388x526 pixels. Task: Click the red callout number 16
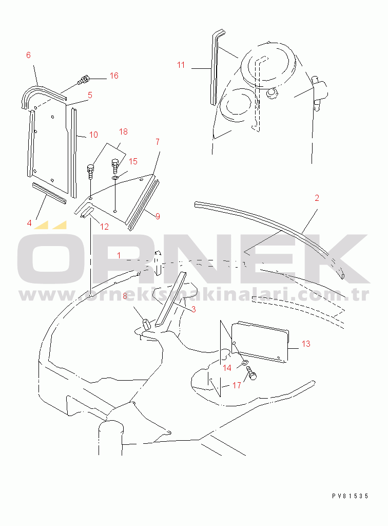(114, 76)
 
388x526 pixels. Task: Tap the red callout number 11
(181, 65)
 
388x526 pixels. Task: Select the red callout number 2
(317, 198)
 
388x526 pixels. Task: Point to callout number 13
(306, 344)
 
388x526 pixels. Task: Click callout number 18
(123, 131)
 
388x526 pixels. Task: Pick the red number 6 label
(28, 55)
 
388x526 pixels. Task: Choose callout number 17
(237, 385)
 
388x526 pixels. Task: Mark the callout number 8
(125, 296)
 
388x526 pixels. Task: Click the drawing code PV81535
(350, 496)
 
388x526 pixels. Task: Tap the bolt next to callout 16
(83, 80)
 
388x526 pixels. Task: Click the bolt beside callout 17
(251, 373)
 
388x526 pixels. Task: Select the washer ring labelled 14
(245, 363)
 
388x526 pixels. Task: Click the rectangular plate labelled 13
(260, 342)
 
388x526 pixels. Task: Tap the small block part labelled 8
(146, 324)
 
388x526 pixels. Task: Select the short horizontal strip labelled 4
(49, 193)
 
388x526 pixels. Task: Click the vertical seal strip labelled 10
(73, 153)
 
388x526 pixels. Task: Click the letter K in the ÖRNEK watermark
(340, 258)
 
